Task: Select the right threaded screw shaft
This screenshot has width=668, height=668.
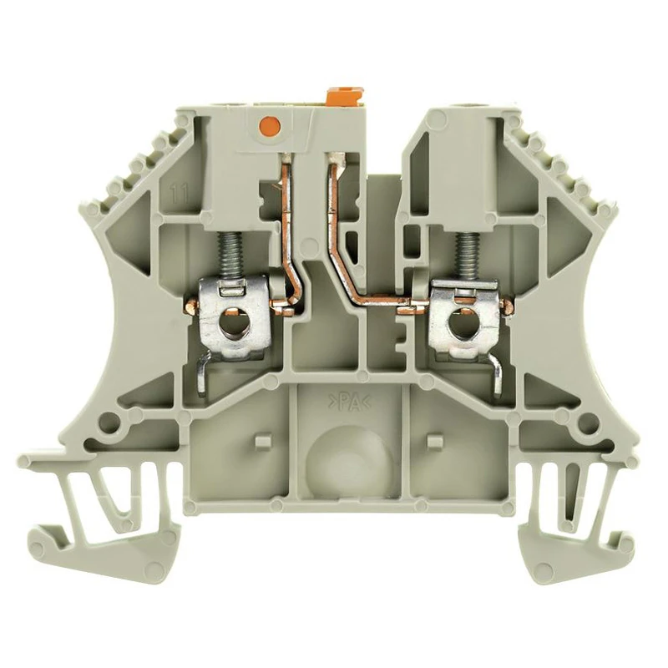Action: click(x=463, y=258)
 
